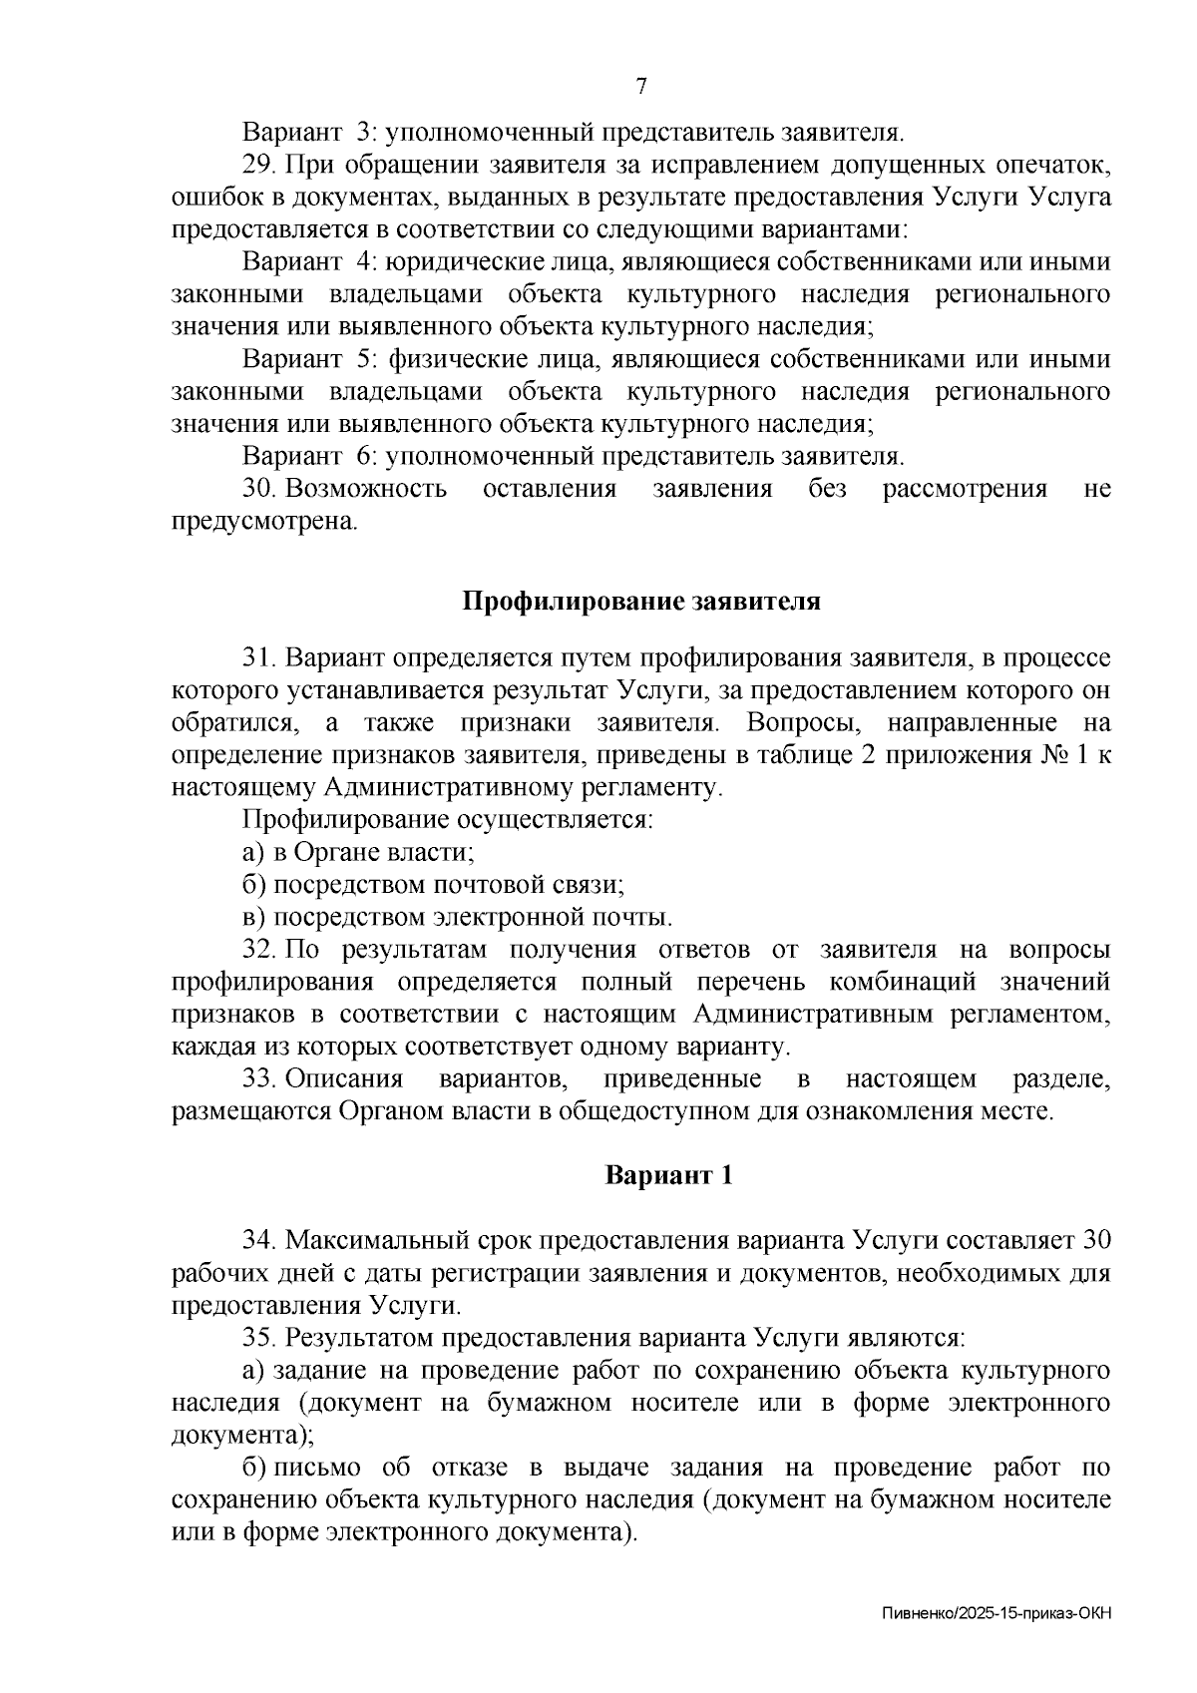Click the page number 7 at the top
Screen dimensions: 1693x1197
coord(641,86)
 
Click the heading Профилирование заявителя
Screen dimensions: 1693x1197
coord(641,602)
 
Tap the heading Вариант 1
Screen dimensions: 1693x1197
coord(669,1175)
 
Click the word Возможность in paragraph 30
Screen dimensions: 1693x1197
coord(366,489)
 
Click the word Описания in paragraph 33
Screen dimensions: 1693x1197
coord(345,1079)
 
